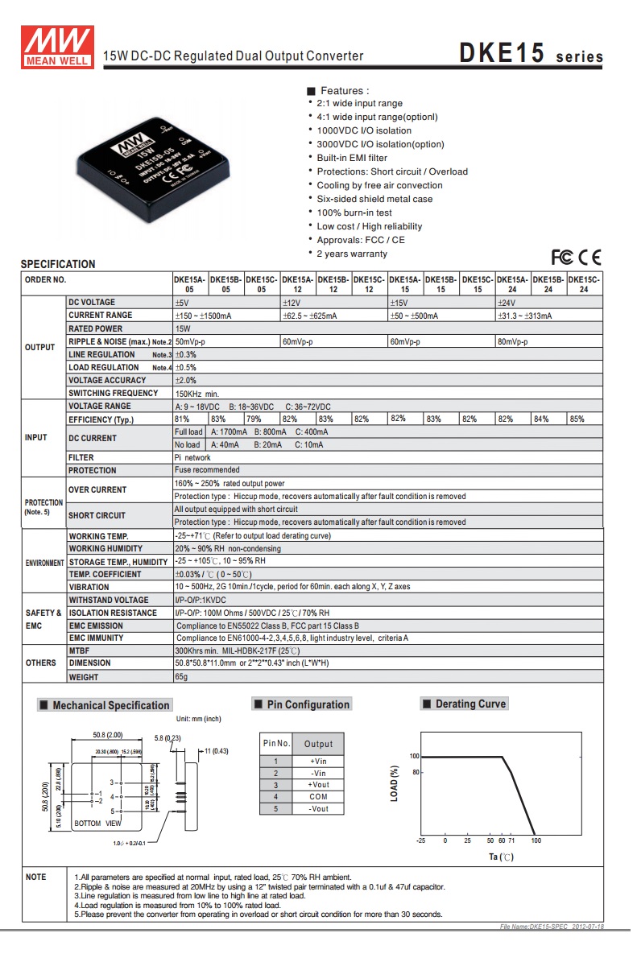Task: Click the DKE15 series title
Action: coord(531,55)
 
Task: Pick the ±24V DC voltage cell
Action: coord(507,302)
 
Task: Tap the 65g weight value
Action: coord(181,677)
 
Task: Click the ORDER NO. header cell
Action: coord(46,280)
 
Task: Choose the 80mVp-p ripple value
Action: coord(513,341)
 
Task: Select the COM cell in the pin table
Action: coord(318,797)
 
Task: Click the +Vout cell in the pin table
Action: coord(318,785)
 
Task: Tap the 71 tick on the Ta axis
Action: coord(511,840)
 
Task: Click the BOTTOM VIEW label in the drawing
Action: coord(97,824)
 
